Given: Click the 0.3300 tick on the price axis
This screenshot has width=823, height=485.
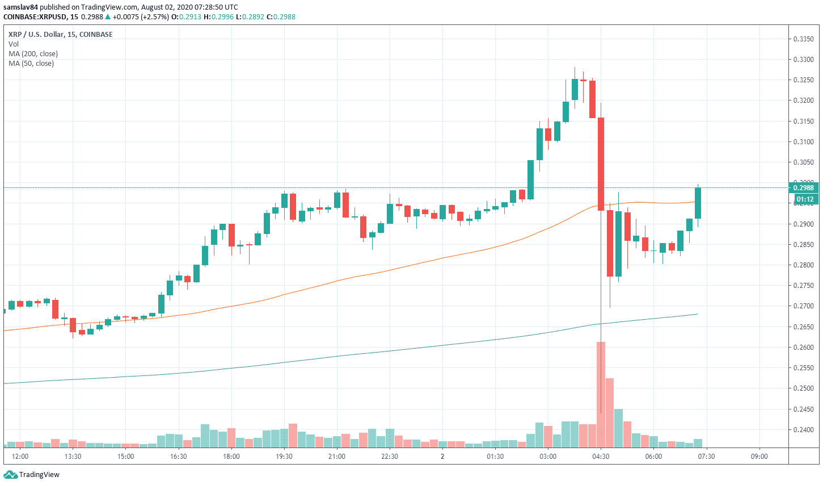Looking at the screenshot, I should (803, 60).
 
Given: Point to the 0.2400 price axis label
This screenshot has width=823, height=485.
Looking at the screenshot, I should (803, 430).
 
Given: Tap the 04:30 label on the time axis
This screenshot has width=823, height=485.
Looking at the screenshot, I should (601, 457).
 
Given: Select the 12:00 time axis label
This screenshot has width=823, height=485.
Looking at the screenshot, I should (20, 457).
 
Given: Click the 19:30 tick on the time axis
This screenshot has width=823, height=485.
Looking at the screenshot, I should (284, 457).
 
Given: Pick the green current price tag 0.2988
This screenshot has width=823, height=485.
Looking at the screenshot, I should (803, 188).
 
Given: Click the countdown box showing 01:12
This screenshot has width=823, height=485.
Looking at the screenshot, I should (805, 199).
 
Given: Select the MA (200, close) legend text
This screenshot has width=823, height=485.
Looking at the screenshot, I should (33, 54).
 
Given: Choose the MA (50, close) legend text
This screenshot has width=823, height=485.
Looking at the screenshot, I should (31, 64).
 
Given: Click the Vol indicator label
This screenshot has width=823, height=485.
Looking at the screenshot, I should (14, 44).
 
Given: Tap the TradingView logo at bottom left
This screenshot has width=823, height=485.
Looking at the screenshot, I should (32, 475).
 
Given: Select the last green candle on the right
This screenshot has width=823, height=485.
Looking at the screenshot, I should (698, 203).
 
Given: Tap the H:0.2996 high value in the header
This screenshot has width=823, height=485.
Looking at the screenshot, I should (219, 17).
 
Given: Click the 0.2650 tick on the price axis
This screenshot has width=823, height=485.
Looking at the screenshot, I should (803, 327).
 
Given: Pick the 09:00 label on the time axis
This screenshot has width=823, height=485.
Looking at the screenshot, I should (759, 457).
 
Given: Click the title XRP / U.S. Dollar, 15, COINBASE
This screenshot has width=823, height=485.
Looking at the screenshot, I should (61, 35).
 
